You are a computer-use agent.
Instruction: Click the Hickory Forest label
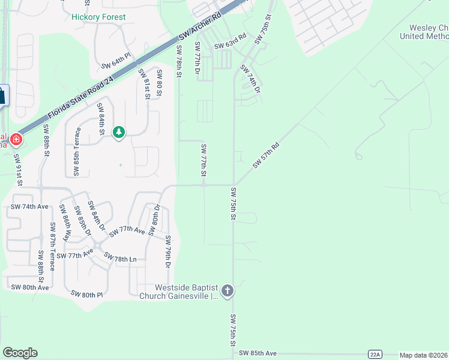tap(98, 17)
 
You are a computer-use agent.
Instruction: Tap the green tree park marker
tap(119, 132)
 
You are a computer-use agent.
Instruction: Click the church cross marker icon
tap(227, 292)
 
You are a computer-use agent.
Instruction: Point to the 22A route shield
tap(375, 354)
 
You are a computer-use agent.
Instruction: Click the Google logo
tap(20, 353)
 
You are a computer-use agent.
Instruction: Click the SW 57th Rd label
tap(267, 155)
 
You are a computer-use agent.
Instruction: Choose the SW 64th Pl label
tap(116, 62)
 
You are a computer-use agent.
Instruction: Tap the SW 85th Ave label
tap(258, 353)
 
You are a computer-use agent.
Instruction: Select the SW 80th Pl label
tap(87, 294)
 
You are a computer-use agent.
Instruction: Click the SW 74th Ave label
tap(29, 206)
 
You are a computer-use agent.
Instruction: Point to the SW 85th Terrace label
tap(77, 152)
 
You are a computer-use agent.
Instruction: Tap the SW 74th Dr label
tap(250, 78)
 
